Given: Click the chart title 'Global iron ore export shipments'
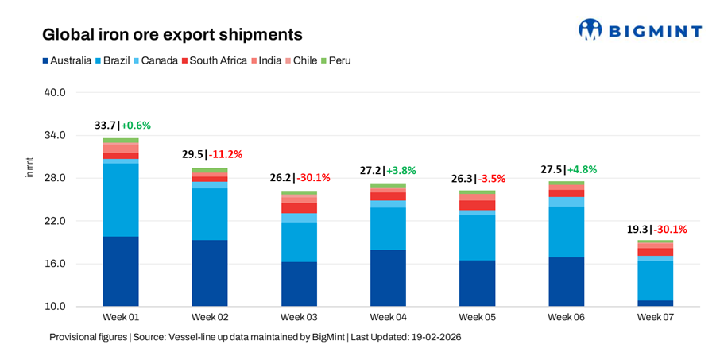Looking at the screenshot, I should click(172, 35).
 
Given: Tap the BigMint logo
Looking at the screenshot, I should click(640, 30).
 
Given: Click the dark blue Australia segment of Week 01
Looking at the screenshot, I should click(121, 271).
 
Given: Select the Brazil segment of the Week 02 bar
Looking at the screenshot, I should click(210, 214).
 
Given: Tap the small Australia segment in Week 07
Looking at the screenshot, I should click(655, 303).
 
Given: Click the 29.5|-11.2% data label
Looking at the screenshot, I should click(211, 154).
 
